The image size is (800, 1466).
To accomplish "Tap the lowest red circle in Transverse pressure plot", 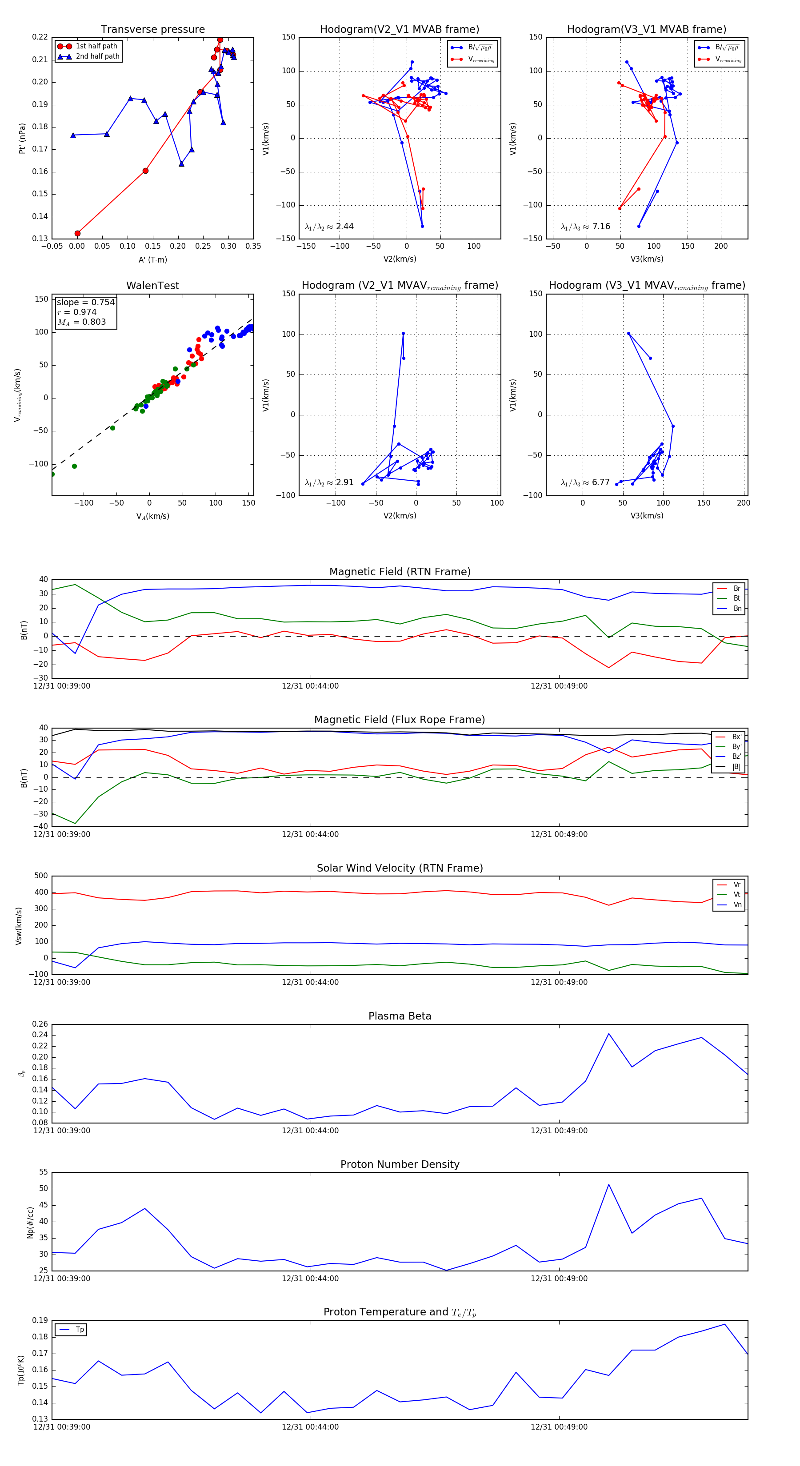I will coord(77,233).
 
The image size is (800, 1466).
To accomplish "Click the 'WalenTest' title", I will coord(152,286).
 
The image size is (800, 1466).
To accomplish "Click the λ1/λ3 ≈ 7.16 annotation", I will coord(585,227).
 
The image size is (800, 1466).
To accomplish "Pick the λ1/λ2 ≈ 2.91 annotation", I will coord(328,482).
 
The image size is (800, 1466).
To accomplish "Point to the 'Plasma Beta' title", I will coord(400,1016).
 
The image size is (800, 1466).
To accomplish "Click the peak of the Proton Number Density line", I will coord(609,1185).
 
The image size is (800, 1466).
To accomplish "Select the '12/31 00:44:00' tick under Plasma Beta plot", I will coord(310,1131).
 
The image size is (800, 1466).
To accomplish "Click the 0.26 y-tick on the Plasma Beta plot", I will coord(40,1024).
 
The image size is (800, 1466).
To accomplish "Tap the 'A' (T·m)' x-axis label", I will coord(152,260).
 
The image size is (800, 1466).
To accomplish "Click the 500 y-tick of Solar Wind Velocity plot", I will coord(41,876).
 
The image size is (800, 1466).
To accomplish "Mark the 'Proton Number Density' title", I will coord(400,1164).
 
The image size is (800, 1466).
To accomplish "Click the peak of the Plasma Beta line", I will coord(609,1033).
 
